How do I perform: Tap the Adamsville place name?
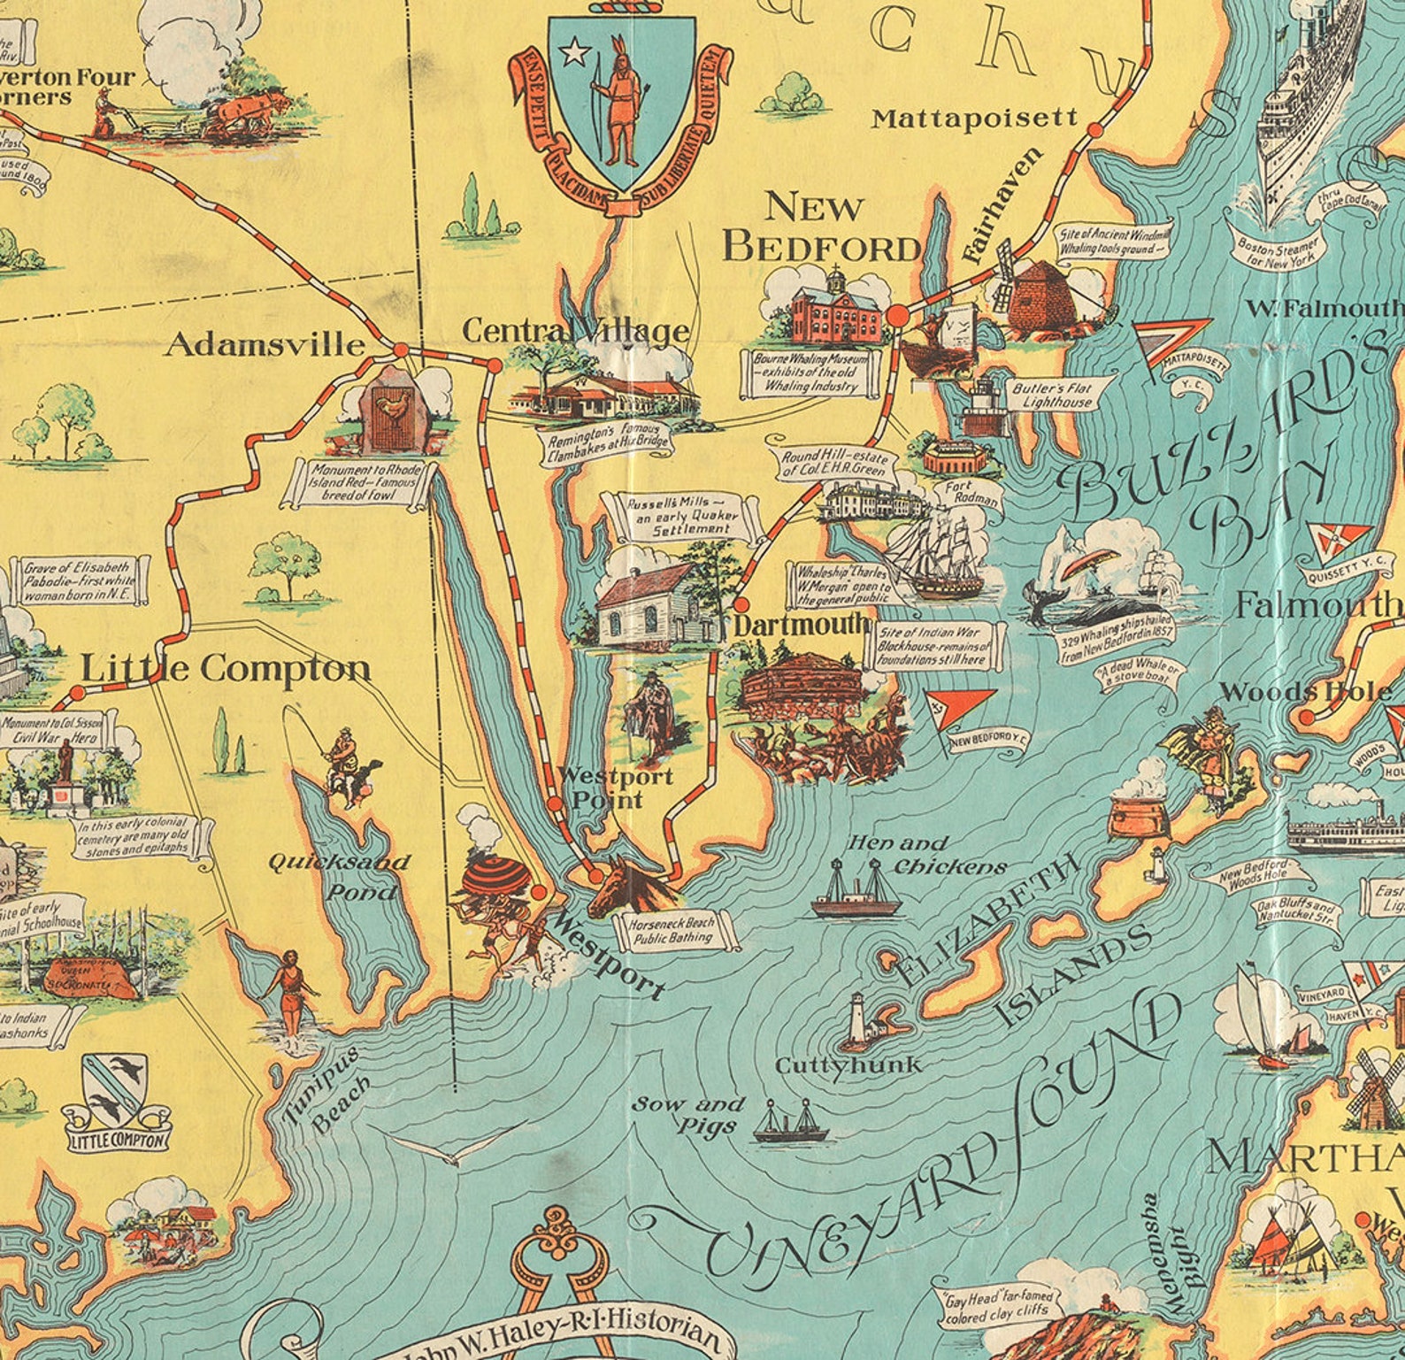(x=265, y=344)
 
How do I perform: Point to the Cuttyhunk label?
(x=848, y=1065)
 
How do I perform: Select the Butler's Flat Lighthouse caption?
(x=1057, y=395)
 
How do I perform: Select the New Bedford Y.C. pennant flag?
(x=960, y=709)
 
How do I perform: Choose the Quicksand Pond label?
(x=339, y=876)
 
